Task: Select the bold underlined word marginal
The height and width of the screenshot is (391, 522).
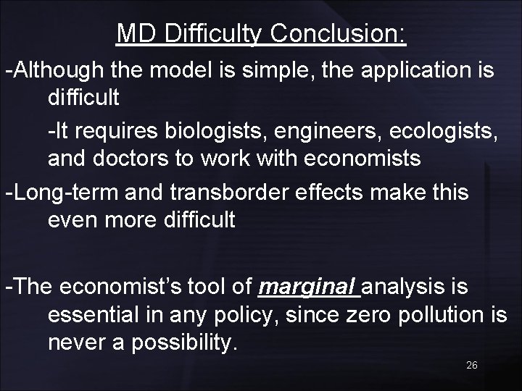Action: coord(308,287)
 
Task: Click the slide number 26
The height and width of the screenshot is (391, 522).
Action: coord(472,366)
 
